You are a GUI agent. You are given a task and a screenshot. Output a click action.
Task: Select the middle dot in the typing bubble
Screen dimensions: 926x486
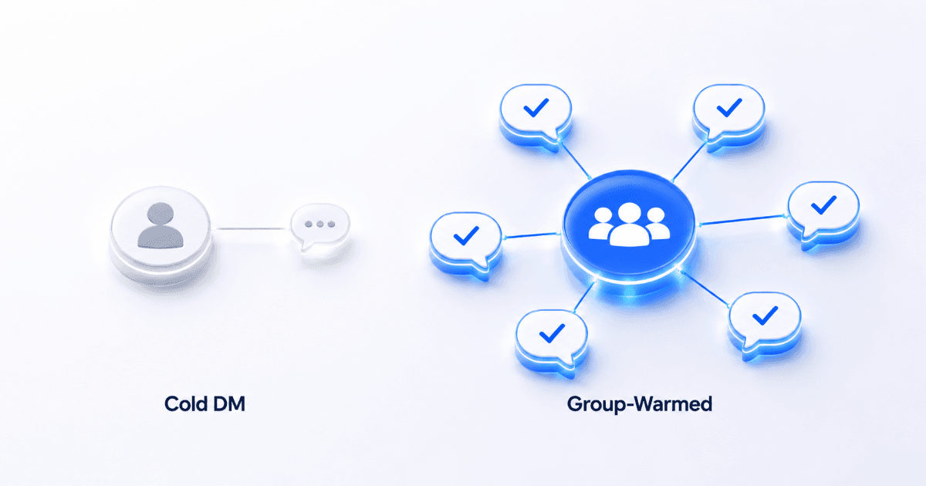pos(320,224)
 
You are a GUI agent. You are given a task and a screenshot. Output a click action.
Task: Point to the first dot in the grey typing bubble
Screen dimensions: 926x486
pos(309,224)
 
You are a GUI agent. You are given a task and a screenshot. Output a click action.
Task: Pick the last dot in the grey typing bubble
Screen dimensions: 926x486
pos(332,224)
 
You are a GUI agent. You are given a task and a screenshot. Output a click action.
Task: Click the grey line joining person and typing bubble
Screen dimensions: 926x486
pos(252,228)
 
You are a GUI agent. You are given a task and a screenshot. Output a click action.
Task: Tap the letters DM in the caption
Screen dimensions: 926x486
pos(230,403)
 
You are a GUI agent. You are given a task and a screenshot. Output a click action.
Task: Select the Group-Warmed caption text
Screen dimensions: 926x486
pos(640,404)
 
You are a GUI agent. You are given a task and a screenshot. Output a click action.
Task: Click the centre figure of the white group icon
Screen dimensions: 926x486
pos(629,224)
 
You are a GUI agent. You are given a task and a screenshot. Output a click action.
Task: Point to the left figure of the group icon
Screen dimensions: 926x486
pos(601,224)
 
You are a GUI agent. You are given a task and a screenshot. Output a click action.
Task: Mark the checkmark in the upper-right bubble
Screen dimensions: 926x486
pos(729,107)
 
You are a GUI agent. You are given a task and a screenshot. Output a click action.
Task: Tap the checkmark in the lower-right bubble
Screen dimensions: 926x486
pos(765,316)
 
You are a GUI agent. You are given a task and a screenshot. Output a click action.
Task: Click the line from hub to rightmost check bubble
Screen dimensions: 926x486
pos(742,220)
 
